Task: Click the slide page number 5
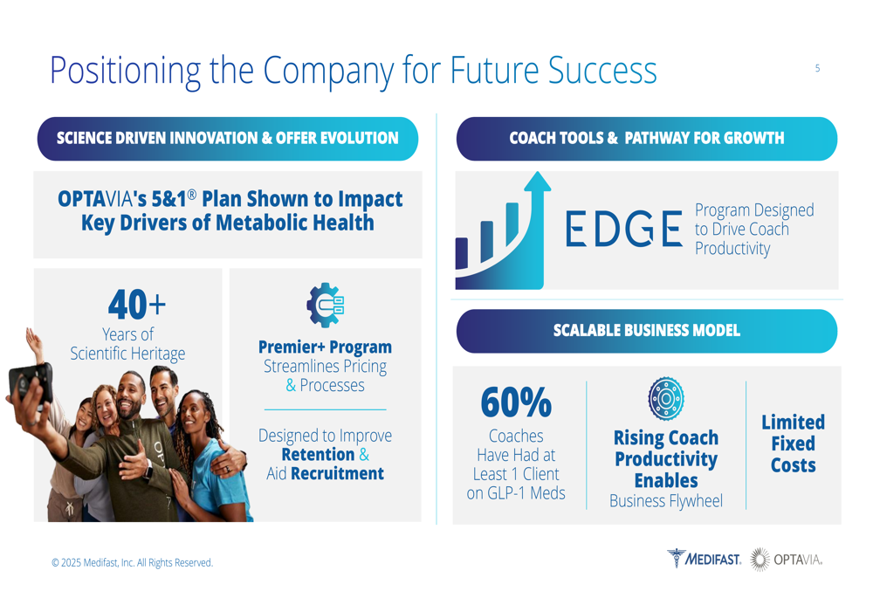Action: click(x=817, y=68)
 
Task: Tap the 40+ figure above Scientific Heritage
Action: click(x=137, y=305)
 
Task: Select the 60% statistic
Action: click(x=516, y=402)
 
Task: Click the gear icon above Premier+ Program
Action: click(x=325, y=305)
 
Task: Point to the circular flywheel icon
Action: click(x=666, y=398)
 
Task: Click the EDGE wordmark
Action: click(x=623, y=228)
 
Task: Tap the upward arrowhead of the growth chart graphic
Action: click(x=537, y=182)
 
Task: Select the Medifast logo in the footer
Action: click(x=705, y=559)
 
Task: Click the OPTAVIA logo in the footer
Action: click(x=787, y=559)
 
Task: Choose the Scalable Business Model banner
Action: click(x=646, y=331)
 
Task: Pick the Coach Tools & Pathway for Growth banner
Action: click(x=646, y=139)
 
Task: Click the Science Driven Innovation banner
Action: click(x=228, y=139)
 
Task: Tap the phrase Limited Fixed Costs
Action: click(x=794, y=443)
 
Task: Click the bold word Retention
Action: click(x=318, y=454)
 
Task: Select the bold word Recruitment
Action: click(x=337, y=473)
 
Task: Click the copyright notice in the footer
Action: click(x=132, y=562)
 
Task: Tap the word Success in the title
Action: click(x=602, y=71)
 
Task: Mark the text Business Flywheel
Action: click(x=666, y=500)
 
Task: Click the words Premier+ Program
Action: click(x=325, y=347)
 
